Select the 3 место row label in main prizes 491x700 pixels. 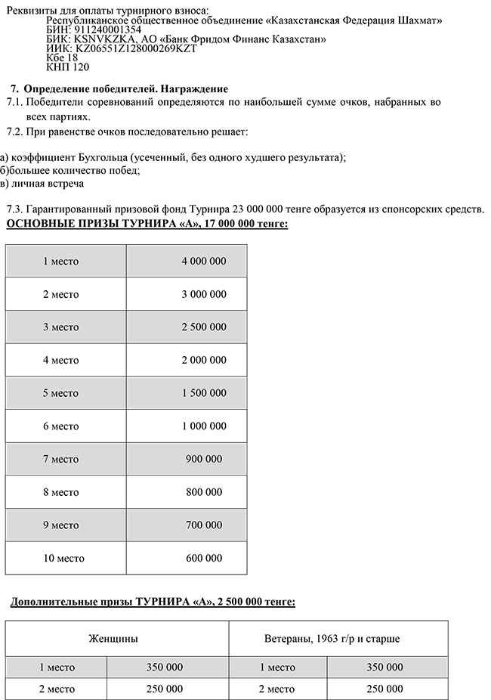point(60,327)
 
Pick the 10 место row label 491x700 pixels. point(63,559)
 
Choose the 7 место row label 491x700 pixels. point(60,459)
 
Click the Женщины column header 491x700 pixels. point(113,639)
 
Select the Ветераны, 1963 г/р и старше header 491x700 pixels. point(332,639)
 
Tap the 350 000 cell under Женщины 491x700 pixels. point(164,667)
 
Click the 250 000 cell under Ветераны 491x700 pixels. point(384,689)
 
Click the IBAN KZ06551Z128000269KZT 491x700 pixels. point(121,48)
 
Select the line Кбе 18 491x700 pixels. point(62,57)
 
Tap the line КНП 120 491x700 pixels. point(67,67)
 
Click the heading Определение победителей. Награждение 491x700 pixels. point(125,88)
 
